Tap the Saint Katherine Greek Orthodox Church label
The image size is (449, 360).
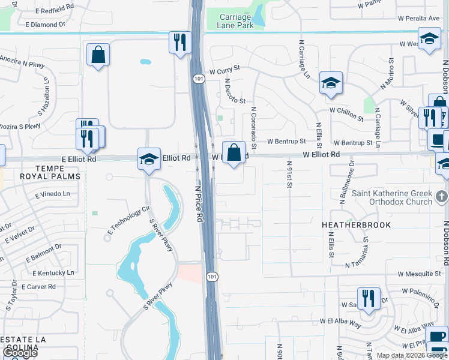point(391,197)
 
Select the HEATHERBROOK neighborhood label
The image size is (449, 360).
point(356,225)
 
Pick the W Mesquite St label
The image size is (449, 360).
point(418,274)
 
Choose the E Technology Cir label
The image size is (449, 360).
point(128,220)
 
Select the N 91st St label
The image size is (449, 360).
point(289,175)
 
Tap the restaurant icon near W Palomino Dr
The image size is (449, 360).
point(369,298)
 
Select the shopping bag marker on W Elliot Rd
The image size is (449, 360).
point(234,152)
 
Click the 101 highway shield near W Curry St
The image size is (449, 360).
point(197,79)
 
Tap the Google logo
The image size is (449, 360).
point(20,353)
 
